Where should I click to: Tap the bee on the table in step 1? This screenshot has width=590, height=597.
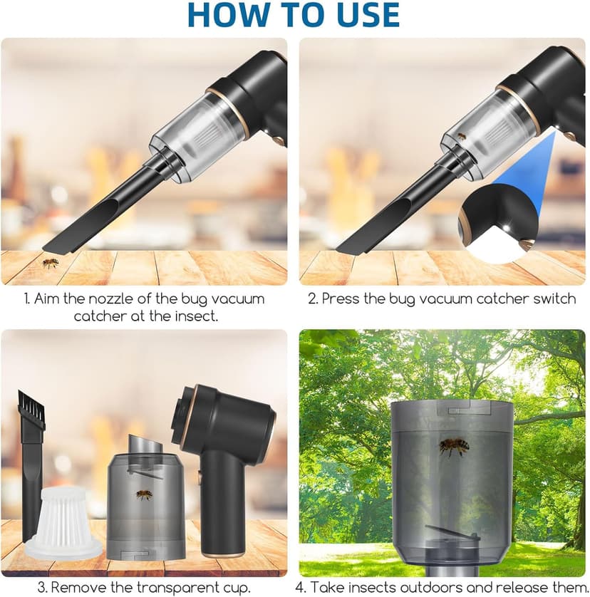[50, 264]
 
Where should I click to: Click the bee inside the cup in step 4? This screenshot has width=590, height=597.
[454, 447]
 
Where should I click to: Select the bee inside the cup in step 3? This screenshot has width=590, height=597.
[144, 494]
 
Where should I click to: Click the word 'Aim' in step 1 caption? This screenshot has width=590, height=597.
[46, 298]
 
